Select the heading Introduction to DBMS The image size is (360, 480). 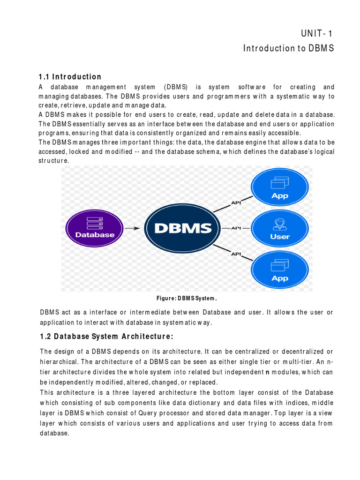point(288,48)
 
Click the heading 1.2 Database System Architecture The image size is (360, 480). point(107,336)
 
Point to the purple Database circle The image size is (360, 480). point(96,228)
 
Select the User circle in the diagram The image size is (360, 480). point(280,228)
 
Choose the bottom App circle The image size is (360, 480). point(280,270)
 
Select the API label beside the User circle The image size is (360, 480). point(236,228)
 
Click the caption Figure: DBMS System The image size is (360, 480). point(187,298)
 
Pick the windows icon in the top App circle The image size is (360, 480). point(280,182)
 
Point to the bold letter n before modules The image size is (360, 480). point(267,372)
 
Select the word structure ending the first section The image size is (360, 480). point(53,160)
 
